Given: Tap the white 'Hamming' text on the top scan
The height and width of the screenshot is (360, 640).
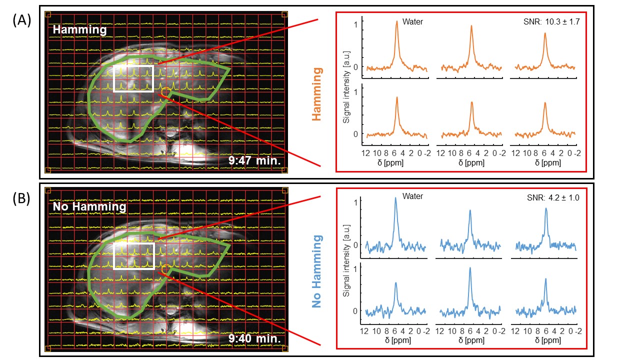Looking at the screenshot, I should (79, 30).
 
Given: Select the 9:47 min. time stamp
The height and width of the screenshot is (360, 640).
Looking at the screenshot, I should (254, 161).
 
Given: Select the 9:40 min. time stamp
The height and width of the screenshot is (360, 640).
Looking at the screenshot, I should (254, 338).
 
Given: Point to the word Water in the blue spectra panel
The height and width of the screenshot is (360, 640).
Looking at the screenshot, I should (412, 196).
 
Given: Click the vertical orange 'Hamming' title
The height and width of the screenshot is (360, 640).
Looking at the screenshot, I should (316, 94).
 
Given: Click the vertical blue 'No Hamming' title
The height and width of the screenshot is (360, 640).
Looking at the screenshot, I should (316, 271).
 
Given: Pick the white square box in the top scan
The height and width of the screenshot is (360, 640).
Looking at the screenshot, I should (133, 78).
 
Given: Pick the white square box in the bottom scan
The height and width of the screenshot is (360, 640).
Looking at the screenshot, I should (133, 255).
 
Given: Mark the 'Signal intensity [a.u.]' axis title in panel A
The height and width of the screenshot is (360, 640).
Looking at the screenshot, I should (346, 94).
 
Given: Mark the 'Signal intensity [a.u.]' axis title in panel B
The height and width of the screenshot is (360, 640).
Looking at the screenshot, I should (346, 270).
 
